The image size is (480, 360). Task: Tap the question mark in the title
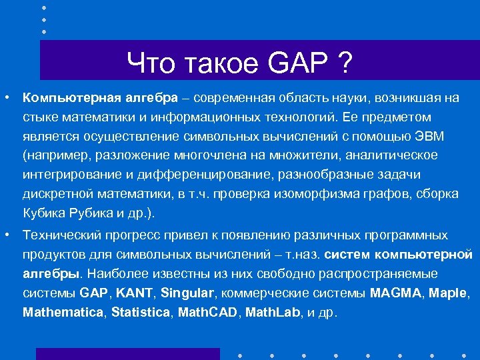click(345, 64)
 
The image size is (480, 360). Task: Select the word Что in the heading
click(151, 64)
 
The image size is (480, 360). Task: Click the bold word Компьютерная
click(71, 98)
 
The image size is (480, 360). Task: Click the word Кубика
click(43, 213)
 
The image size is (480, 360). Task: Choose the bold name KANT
click(139, 293)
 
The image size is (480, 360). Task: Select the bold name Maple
click(449, 293)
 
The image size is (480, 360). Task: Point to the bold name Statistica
click(141, 312)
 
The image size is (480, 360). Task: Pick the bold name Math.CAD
click(207, 312)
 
